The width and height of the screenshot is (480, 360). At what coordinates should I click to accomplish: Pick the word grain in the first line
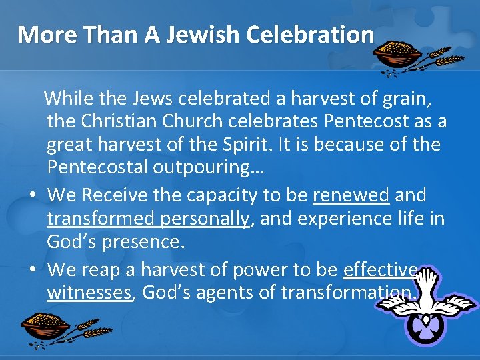[407, 100]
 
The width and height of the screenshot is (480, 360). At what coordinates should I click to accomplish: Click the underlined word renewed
[351, 196]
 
